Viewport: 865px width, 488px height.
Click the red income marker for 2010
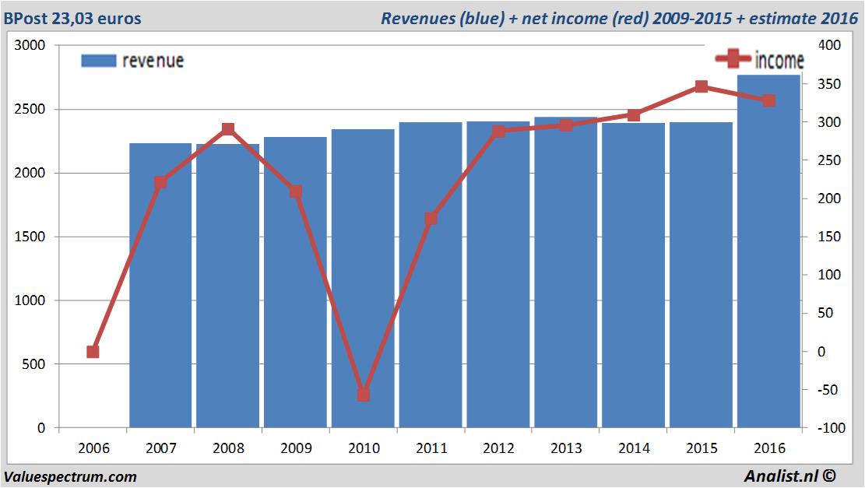364,395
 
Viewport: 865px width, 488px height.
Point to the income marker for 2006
93,352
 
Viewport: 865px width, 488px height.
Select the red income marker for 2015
701,86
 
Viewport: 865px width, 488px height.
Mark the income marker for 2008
228,129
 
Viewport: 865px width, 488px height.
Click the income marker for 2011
431,219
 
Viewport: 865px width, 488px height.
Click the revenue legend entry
133,61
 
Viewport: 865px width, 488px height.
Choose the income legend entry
760,59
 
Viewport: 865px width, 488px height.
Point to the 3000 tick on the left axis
30,46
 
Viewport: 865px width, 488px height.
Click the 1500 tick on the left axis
30,237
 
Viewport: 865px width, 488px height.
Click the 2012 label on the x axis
498,449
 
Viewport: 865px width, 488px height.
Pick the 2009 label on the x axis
296,449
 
